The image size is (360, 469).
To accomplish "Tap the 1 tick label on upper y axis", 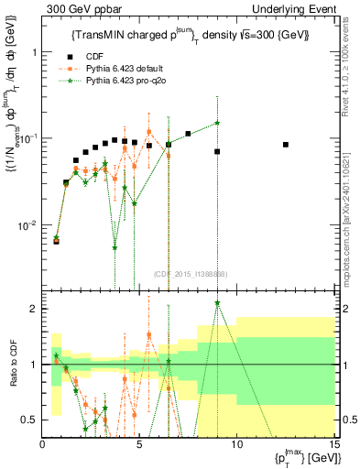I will (x=34, y=51).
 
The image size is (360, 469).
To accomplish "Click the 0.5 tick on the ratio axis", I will (x=29, y=420).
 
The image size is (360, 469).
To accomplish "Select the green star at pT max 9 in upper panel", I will (x=217, y=123).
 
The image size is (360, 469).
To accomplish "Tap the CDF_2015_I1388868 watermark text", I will (x=190, y=274).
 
